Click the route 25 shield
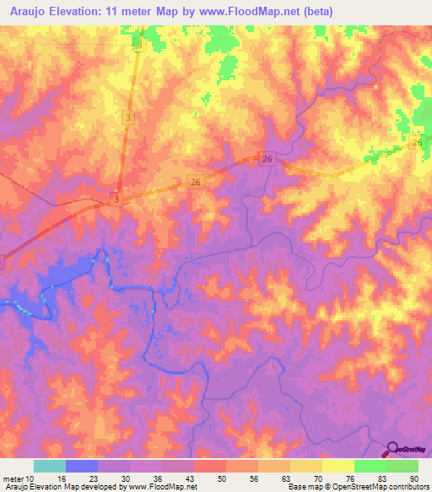click(416, 145)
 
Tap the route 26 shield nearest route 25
click(267, 159)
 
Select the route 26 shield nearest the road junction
click(195, 182)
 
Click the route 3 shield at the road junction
click(117, 199)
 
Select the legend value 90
click(414, 478)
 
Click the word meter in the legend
click(13, 478)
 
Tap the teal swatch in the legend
click(50, 466)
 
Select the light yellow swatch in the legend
click(338, 466)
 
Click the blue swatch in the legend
click(82, 466)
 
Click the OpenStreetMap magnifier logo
click(391, 448)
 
